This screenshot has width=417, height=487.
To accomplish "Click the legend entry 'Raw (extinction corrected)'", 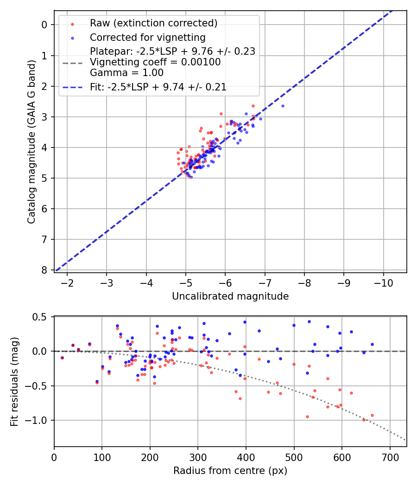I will (153, 23).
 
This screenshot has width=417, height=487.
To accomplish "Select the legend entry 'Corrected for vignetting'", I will (148, 37).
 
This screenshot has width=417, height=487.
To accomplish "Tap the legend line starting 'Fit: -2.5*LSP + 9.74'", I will (158, 87).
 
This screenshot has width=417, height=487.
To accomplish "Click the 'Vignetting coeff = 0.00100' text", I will (155, 62).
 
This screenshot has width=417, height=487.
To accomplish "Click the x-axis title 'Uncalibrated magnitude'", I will (230, 296).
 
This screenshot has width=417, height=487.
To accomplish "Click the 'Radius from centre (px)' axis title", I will (230, 471).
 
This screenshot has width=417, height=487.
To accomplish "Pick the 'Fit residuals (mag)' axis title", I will (14, 381).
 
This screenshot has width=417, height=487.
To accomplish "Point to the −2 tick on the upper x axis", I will (67, 282).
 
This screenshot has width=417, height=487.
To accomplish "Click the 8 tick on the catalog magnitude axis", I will (45, 270).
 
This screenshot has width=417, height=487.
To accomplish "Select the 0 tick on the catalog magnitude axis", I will (45, 25).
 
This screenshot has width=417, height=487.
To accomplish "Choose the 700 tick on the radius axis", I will (390, 457).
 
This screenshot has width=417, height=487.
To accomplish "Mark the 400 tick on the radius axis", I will (246, 457).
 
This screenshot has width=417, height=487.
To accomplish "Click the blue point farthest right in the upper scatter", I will (283, 106).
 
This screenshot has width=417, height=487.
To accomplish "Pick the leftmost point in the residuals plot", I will (62, 358).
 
